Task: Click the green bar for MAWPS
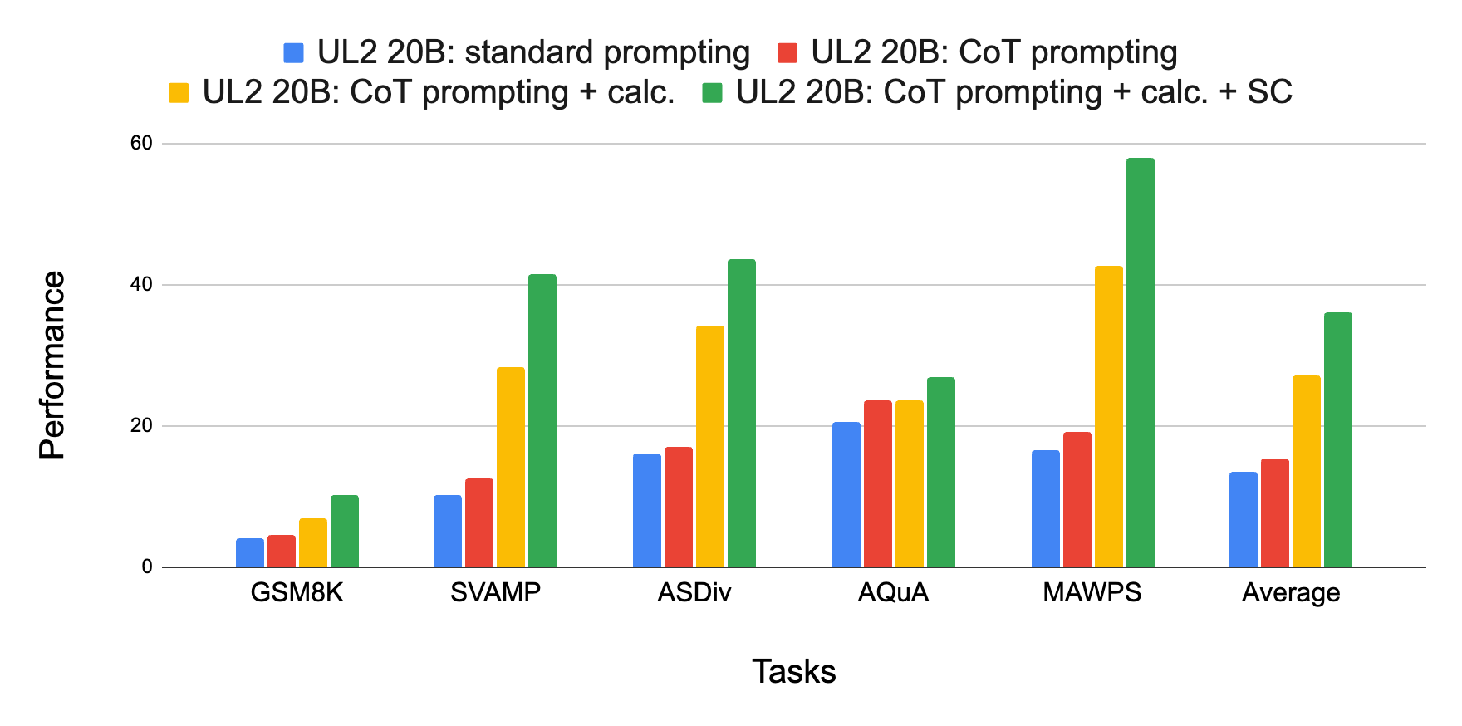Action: pyautogui.click(x=1140, y=363)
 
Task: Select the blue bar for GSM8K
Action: pyautogui.click(x=249, y=553)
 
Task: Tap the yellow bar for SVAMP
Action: pyautogui.click(x=510, y=467)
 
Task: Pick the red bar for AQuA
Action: pyautogui.click(x=877, y=484)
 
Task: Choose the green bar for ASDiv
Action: pyautogui.click(x=741, y=414)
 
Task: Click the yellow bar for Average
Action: pyautogui.click(x=1306, y=472)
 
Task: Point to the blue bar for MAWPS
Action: pyautogui.click(x=1045, y=508)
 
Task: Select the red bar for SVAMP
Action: pyautogui.click(x=478, y=522)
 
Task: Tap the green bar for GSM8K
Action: pyautogui.click(x=344, y=532)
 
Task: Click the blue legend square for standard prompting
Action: pyautogui.click(x=293, y=53)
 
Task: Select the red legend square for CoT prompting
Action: pyautogui.click(x=787, y=53)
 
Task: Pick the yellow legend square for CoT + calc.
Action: pyautogui.click(x=179, y=92)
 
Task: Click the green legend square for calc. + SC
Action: pyautogui.click(x=712, y=92)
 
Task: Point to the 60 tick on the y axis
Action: pyautogui.click(x=141, y=143)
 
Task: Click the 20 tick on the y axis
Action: pyautogui.click(x=141, y=425)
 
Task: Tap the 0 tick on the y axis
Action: pyautogui.click(x=147, y=567)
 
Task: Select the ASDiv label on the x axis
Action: pyautogui.click(x=694, y=592)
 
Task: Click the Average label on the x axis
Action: pyautogui.click(x=1290, y=592)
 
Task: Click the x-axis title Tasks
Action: pyautogui.click(x=793, y=671)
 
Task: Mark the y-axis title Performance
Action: pyautogui.click(x=52, y=365)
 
